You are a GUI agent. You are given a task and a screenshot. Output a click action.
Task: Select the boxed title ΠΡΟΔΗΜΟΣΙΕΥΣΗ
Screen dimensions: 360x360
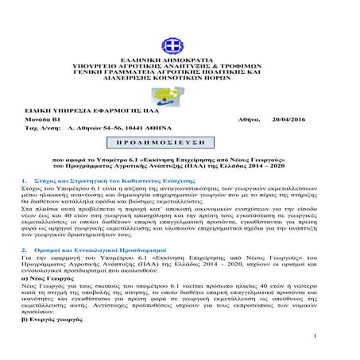[180, 142]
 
